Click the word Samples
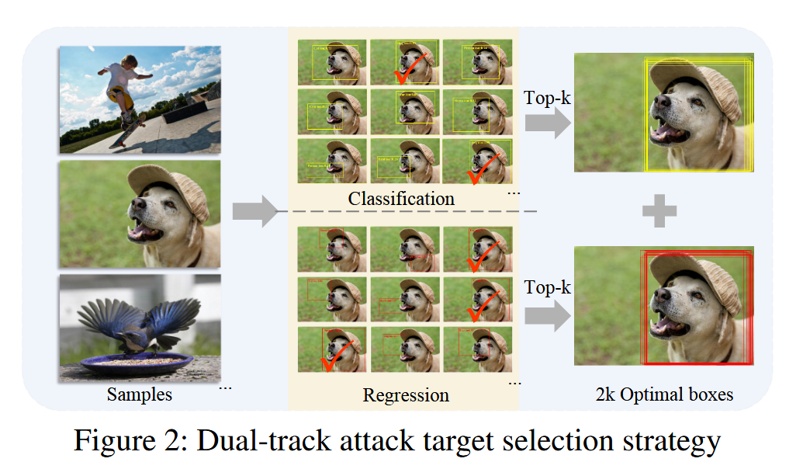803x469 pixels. coord(140,394)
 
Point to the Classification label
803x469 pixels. coord(401,199)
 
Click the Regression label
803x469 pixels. coord(406,395)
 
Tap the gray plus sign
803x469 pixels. coord(659,210)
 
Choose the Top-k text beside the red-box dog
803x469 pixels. coord(548,287)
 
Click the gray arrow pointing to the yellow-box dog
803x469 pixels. coord(546,123)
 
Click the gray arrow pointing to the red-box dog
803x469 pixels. coord(546,314)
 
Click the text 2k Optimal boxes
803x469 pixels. coord(663,394)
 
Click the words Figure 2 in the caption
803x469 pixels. coord(125,441)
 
